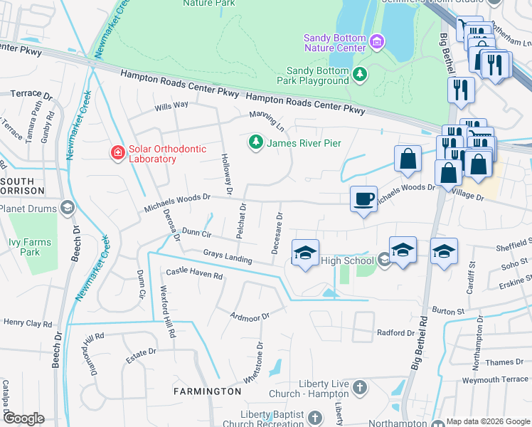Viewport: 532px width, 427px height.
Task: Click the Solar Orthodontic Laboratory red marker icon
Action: (116, 152)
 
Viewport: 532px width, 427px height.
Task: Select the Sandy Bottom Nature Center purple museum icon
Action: (378, 43)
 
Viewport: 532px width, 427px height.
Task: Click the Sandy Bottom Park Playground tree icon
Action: (361, 73)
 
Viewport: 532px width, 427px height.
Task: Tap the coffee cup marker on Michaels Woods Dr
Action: (363, 199)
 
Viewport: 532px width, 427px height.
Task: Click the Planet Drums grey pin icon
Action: (67, 208)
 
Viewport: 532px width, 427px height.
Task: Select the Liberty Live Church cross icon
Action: (361, 389)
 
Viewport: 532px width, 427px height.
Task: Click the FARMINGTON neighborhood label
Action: (209, 391)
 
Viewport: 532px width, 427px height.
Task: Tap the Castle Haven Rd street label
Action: (194, 273)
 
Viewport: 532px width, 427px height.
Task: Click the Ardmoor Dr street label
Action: (250, 315)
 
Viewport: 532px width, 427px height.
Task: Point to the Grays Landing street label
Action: (228, 256)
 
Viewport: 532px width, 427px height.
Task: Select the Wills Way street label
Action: (172, 105)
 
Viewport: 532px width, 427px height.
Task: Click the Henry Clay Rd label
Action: (28, 323)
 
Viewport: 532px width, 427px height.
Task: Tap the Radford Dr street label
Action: (395, 333)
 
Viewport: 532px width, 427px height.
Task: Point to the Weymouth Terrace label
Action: (495, 380)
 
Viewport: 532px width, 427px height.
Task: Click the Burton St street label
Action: (448, 311)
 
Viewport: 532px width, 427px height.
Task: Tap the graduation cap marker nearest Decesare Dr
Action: (305, 253)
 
